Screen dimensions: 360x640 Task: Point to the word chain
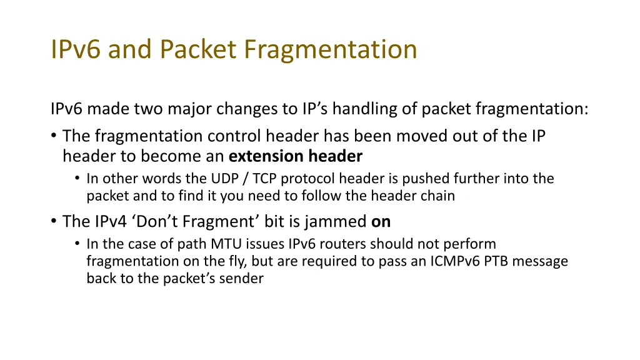[437, 196]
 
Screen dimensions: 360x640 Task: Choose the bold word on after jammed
[381, 221]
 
